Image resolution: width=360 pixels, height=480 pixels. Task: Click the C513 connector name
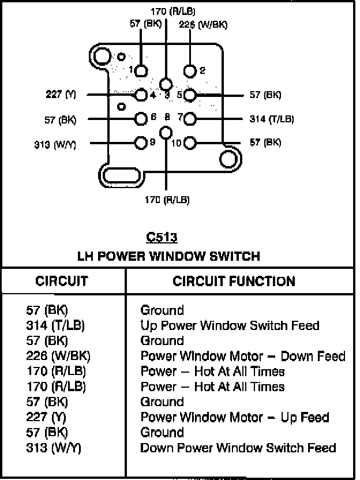(162, 237)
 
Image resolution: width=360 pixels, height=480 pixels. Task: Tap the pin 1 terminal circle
(141, 71)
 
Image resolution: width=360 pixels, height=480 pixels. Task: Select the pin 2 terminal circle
(190, 71)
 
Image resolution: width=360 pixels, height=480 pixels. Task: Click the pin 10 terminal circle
(190, 142)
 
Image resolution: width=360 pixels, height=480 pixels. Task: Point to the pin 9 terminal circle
(141, 142)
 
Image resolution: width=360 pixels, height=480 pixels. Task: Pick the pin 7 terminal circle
(190, 119)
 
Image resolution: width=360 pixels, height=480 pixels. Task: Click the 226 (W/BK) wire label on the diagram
(203, 24)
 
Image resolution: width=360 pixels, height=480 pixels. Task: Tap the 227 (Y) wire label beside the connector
(61, 94)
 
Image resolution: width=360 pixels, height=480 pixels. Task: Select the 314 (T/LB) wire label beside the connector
(272, 119)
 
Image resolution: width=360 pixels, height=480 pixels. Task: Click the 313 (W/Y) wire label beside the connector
(55, 144)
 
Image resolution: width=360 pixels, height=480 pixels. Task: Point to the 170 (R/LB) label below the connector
(167, 200)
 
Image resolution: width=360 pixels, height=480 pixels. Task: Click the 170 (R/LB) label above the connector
(172, 12)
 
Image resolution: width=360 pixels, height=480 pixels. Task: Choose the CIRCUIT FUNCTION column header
(234, 281)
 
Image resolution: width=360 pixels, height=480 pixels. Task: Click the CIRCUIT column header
(62, 281)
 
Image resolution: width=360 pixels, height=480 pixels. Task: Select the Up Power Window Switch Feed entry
(230, 325)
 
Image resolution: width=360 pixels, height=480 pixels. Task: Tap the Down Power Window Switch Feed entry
(238, 448)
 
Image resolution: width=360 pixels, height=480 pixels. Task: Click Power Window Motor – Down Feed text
(243, 356)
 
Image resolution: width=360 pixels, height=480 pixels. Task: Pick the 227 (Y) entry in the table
(46, 417)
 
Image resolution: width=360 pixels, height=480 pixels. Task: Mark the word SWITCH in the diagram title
(235, 256)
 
